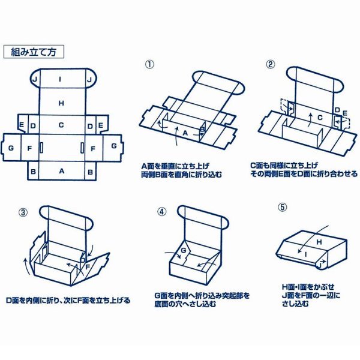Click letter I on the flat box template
61,79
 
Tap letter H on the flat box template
61,103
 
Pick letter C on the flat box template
61,125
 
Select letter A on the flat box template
61,171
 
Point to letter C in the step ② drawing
320,118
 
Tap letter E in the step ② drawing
345,112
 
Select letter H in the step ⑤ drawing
319,241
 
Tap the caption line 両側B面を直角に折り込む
181,174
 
